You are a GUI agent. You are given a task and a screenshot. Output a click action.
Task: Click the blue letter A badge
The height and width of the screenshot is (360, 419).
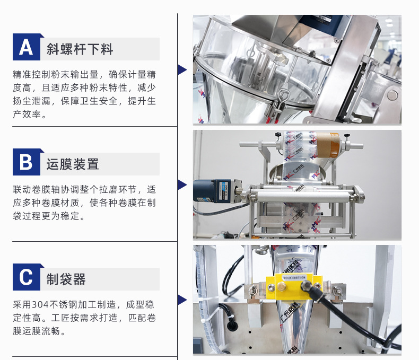coord(27,47)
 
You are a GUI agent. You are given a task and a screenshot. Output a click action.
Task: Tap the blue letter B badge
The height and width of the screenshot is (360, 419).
coord(27,162)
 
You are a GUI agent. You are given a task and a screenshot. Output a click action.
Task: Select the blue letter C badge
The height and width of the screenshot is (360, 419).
coord(27,277)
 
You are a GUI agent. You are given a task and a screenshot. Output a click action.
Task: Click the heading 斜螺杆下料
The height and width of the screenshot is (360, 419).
coord(80,49)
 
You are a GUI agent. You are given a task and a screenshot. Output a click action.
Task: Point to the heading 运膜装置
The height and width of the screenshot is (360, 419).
coord(73,164)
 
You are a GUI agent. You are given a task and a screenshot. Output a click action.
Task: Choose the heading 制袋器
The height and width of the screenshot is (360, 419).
coord(66,279)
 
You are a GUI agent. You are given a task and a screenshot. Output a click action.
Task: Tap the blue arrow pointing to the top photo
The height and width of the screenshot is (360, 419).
coord(182,69)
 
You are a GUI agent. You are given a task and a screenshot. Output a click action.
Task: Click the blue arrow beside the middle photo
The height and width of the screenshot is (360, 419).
coord(182,185)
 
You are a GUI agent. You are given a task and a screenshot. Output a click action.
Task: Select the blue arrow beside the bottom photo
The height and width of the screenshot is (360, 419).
coord(182,300)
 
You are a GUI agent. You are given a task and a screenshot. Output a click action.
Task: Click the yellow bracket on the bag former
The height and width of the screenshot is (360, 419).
coord(294,286)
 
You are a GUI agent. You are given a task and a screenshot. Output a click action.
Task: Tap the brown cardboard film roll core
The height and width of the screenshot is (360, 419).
coord(328,145)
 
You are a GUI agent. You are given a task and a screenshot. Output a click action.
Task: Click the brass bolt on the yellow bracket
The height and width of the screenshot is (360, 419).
coord(282,286)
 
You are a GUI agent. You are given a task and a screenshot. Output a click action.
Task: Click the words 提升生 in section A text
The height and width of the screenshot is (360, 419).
coord(142,101)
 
